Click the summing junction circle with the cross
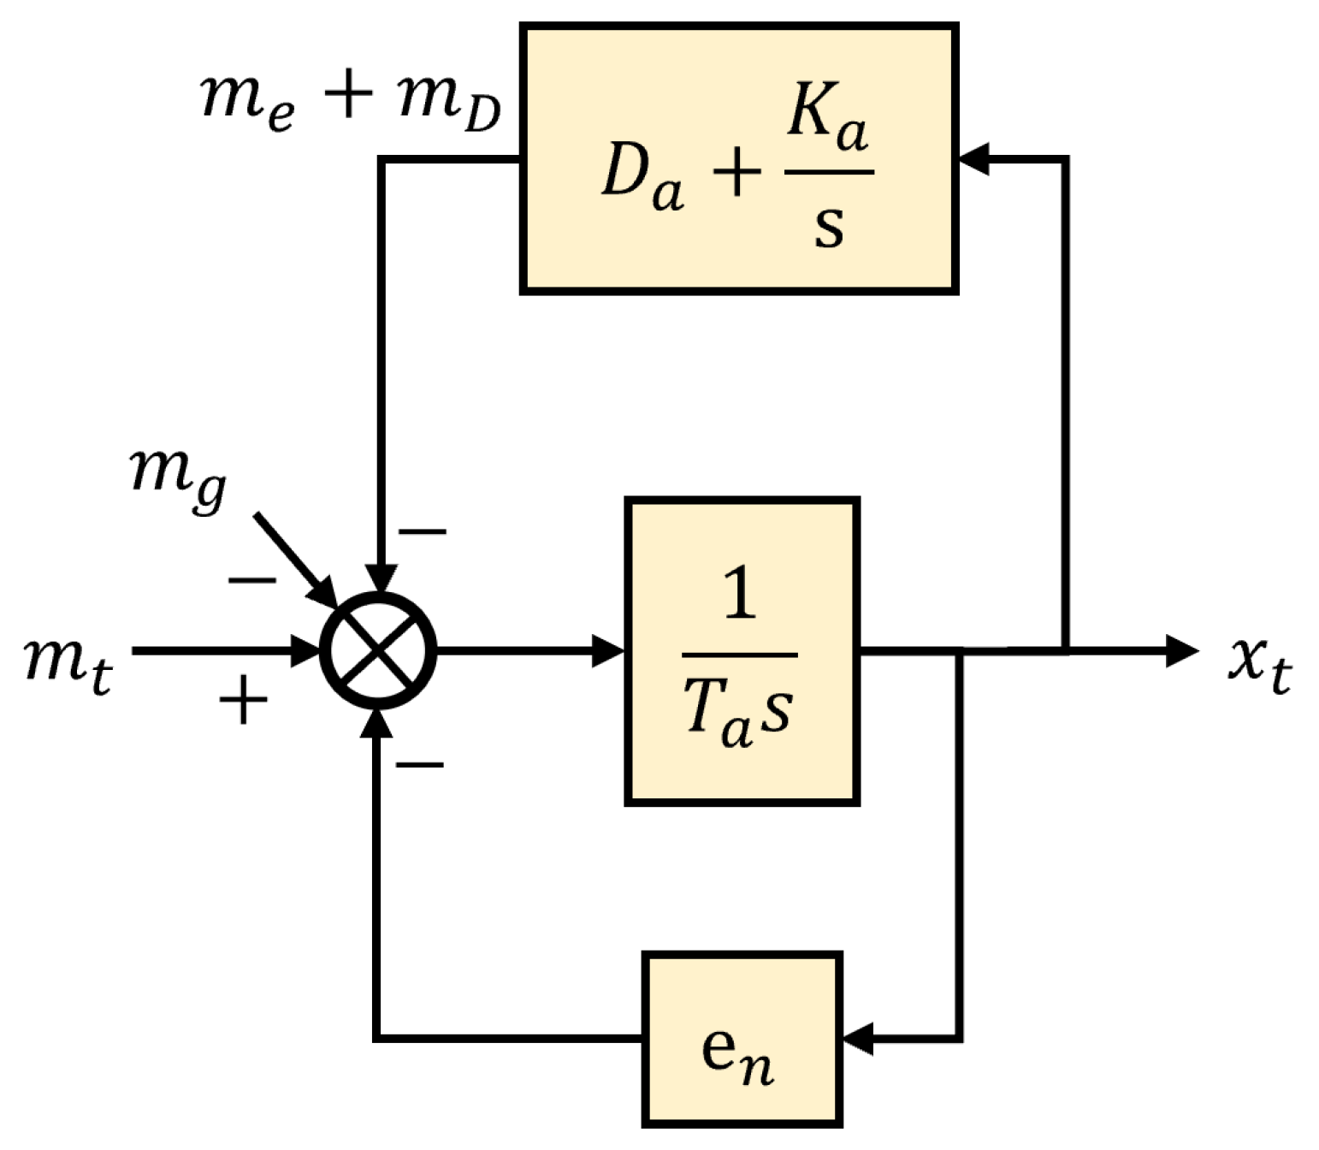(x=378, y=650)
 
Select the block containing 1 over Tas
(x=742, y=651)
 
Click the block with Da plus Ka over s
(x=738, y=159)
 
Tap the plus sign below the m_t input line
(x=243, y=700)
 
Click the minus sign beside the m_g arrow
(x=251, y=581)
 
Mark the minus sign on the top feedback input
(x=422, y=532)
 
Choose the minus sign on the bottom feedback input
(x=419, y=764)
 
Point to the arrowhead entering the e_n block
(x=858, y=1038)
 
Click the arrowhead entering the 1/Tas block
(x=609, y=651)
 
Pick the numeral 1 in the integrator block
(x=740, y=594)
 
